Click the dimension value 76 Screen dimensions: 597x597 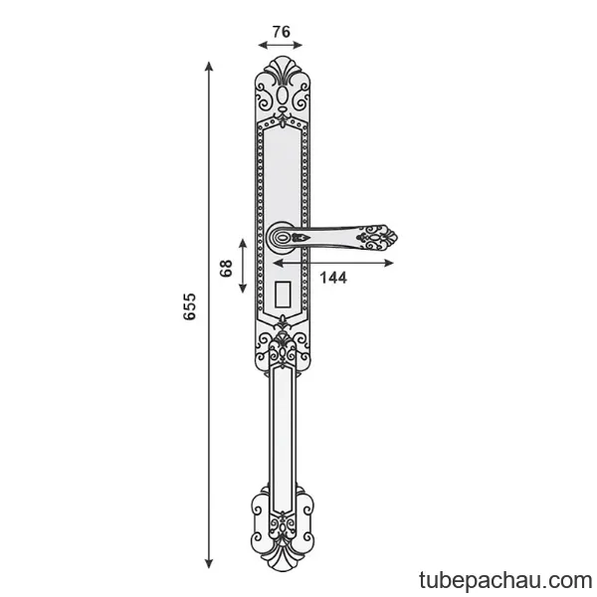tap(282, 32)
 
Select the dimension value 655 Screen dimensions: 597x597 tap(189, 306)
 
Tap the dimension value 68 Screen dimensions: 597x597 tap(226, 268)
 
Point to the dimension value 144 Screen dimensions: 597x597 tap(333, 278)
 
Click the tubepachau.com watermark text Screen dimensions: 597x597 tap(505, 581)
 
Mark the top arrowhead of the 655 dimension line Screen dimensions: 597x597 tap(208, 66)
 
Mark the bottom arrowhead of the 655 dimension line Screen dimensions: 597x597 tap(208, 564)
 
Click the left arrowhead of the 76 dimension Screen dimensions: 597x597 tap(263, 45)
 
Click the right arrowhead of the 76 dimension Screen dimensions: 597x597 tap(298, 45)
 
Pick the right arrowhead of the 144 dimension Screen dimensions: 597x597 tap(389, 263)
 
